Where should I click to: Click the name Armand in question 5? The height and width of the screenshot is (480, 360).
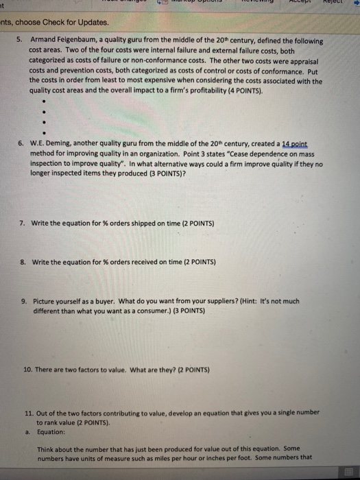[x=43, y=41]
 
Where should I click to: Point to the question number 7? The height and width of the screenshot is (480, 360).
[x=23, y=224]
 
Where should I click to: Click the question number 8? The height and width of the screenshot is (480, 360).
[x=23, y=262]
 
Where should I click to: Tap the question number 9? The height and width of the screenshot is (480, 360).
[x=23, y=300]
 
